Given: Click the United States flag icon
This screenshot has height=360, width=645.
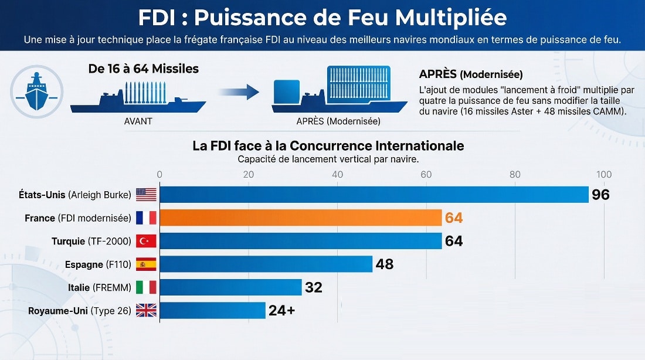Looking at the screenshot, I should (146, 195).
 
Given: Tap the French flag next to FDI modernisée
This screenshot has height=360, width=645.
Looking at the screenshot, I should (146, 218).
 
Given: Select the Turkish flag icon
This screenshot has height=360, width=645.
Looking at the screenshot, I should (146, 241).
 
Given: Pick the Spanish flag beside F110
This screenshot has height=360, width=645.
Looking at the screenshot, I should (146, 264).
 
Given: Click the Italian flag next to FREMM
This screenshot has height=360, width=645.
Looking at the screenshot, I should (146, 287).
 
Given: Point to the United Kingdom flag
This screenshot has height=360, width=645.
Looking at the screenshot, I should (146, 310).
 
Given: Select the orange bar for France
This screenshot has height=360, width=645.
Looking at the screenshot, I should (300, 218).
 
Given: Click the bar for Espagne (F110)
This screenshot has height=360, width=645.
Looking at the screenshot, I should (266, 264).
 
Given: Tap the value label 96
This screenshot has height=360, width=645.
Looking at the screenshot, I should (600, 195).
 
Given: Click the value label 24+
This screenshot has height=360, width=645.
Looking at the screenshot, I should (281, 311).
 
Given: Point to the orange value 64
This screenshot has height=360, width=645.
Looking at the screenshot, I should (454, 218).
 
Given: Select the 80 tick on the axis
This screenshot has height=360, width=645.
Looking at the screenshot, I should (515, 175).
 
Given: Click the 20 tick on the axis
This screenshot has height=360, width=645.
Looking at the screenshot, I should (249, 175).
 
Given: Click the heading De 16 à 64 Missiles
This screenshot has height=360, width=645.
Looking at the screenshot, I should (143, 69).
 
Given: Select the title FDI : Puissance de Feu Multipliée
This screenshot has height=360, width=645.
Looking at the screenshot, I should (322, 18).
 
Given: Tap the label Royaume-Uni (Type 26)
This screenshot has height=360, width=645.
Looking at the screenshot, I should (80, 311).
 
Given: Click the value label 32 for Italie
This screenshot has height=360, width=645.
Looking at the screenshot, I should (313, 287).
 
